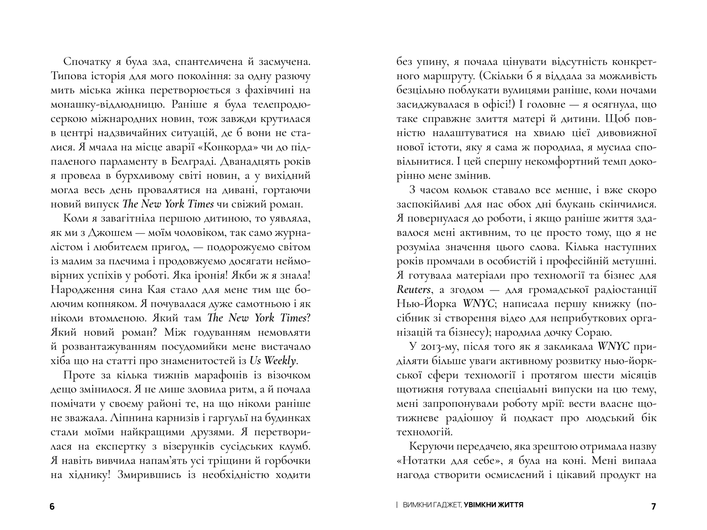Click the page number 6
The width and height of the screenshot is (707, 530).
[52, 507]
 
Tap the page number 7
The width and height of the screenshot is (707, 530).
[654, 507]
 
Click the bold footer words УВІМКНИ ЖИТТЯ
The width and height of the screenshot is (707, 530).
[494, 505]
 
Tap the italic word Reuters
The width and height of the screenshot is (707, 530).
[413, 290]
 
